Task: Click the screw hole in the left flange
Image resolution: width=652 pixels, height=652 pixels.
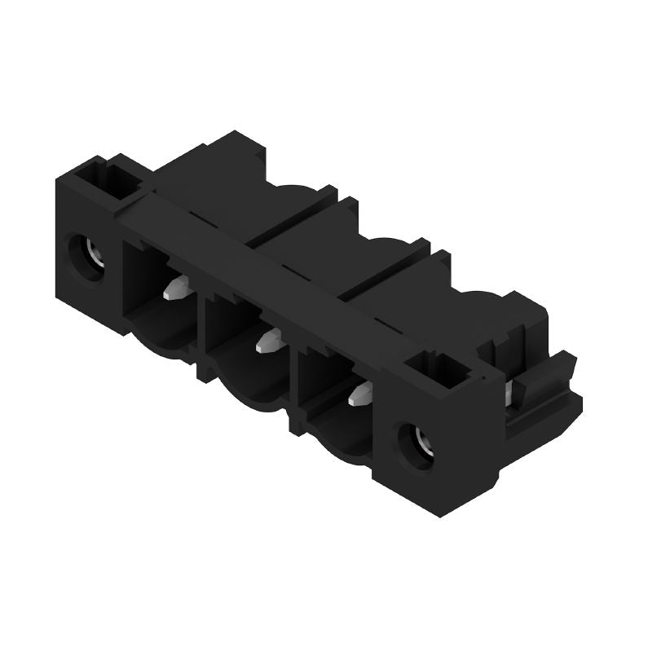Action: click(x=85, y=258)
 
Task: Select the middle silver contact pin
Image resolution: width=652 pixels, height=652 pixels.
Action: click(x=267, y=341)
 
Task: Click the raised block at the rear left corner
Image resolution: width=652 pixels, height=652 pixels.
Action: click(x=236, y=151)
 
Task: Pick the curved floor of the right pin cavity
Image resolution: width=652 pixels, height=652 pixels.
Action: click(x=342, y=440)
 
